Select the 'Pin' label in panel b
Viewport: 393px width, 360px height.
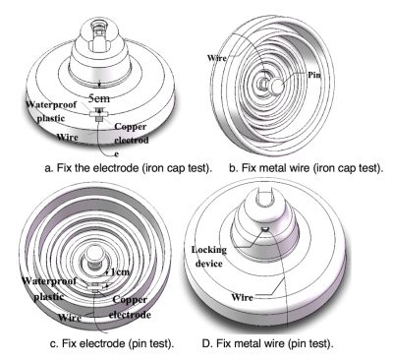(x=314, y=72)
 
